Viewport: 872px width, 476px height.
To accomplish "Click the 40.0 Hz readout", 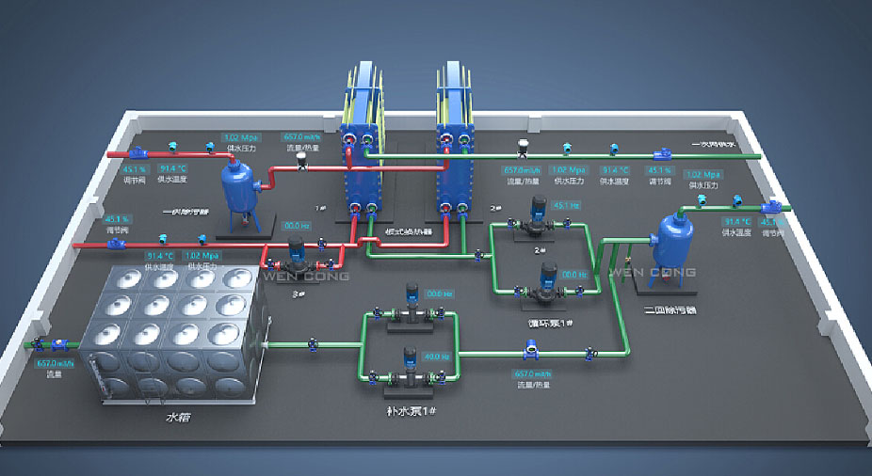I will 436,357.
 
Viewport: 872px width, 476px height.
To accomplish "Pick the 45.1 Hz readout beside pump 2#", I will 565,205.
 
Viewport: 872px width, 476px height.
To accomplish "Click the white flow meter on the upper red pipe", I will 302,161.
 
